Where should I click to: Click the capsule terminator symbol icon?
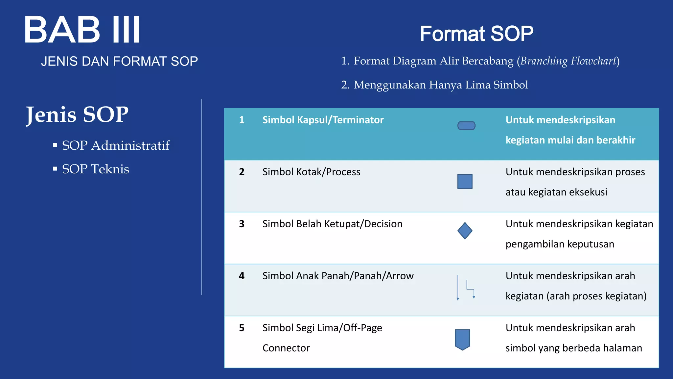(466, 126)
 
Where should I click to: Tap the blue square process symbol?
(465, 182)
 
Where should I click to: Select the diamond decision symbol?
(465, 231)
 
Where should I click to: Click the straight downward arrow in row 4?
(458, 288)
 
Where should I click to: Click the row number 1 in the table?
(242, 120)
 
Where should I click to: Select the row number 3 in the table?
(242, 224)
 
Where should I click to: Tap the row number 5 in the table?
(242, 328)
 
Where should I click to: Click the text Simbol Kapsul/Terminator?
(323, 120)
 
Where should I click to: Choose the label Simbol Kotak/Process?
(311, 172)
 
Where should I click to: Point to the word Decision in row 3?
(383, 224)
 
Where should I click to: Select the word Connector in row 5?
(286, 348)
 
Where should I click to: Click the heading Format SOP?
(476, 34)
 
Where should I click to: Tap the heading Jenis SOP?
(77, 114)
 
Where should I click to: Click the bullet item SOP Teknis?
(95, 169)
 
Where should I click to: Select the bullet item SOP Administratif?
(115, 145)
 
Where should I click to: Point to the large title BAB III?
(82, 30)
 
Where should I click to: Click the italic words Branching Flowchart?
(568, 61)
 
